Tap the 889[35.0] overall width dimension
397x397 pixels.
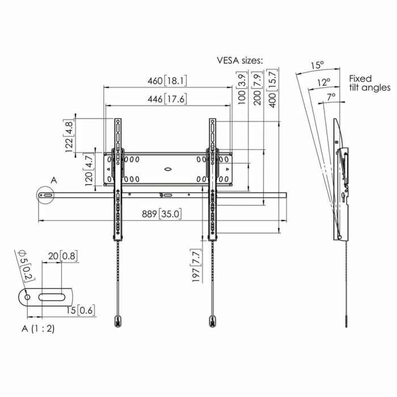[x=162, y=214]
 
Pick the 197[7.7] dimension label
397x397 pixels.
[x=196, y=265]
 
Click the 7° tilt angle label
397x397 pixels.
[x=332, y=97]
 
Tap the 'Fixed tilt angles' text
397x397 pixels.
[x=369, y=83]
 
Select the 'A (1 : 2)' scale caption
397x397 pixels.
[x=39, y=328]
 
